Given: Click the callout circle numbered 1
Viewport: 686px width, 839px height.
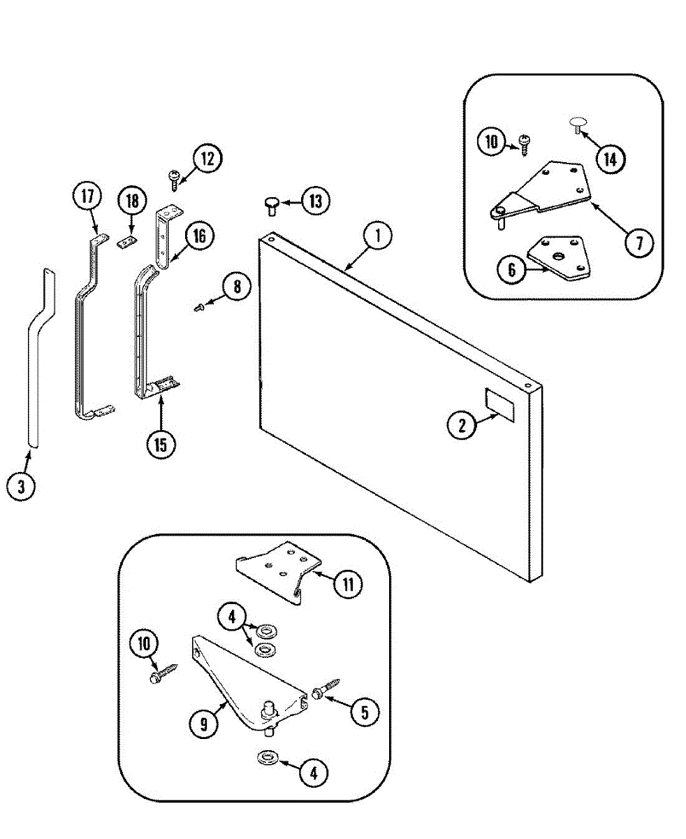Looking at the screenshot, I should [377, 236].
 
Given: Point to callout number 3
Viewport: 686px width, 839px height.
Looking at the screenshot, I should [21, 487].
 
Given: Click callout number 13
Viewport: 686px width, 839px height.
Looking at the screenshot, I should [316, 202].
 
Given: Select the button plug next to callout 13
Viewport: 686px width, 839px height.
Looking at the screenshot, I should [272, 203].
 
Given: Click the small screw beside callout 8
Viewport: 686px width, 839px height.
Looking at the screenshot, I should [199, 306].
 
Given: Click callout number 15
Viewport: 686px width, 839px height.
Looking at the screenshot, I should [161, 443].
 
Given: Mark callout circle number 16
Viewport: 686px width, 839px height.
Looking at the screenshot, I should [200, 236].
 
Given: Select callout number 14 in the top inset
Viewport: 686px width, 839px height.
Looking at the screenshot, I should [610, 159].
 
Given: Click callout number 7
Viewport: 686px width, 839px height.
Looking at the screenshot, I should [639, 243].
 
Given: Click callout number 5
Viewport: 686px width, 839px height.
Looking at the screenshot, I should [365, 712].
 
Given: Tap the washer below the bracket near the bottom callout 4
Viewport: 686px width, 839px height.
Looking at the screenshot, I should [267, 757].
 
